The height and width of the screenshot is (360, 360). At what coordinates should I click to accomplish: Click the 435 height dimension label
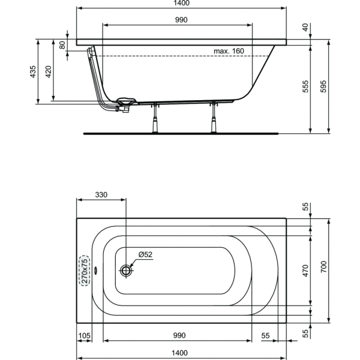coord(33,71)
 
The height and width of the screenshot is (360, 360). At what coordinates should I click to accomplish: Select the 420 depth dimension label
coord(48,71)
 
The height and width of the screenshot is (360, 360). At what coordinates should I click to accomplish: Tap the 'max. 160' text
coord(229,51)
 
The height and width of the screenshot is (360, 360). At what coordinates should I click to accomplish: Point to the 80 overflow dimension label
coord(62,45)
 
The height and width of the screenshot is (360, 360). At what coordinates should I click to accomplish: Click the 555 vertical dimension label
coord(305,86)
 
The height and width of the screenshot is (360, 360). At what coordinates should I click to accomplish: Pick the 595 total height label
coord(323,86)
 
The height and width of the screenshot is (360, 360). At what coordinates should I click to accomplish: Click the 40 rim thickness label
coord(305,28)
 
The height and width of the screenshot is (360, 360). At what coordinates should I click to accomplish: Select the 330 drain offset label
coord(101,194)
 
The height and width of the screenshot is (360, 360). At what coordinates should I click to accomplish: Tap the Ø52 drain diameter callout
coord(146,254)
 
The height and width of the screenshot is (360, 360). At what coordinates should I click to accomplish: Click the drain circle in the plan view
coord(126,271)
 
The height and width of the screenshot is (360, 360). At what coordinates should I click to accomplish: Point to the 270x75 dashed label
coord(85,271)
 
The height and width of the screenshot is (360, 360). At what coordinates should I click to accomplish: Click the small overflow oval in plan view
coord(96,271)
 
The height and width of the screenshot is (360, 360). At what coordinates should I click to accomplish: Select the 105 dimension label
coord(85,335)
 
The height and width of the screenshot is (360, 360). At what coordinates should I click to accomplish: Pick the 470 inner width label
coord(305,271)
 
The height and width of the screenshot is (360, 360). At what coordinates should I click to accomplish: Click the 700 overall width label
coord(323,267)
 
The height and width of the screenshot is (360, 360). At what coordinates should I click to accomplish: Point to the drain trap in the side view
coord(124,108)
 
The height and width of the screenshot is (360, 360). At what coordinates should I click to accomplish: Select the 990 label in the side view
coord(181,20)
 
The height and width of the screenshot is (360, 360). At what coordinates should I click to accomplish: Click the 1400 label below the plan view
coord(180,353)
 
